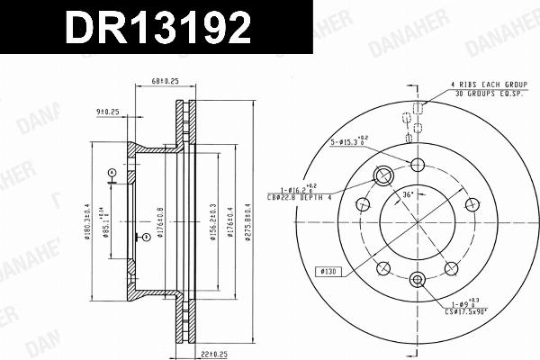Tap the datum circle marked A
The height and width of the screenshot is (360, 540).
[111, 172]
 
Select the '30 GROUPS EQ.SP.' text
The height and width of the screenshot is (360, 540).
[490, 92]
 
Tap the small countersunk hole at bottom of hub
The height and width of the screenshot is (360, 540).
[417, 279]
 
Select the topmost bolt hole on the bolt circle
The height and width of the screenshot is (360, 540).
[417, 164]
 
